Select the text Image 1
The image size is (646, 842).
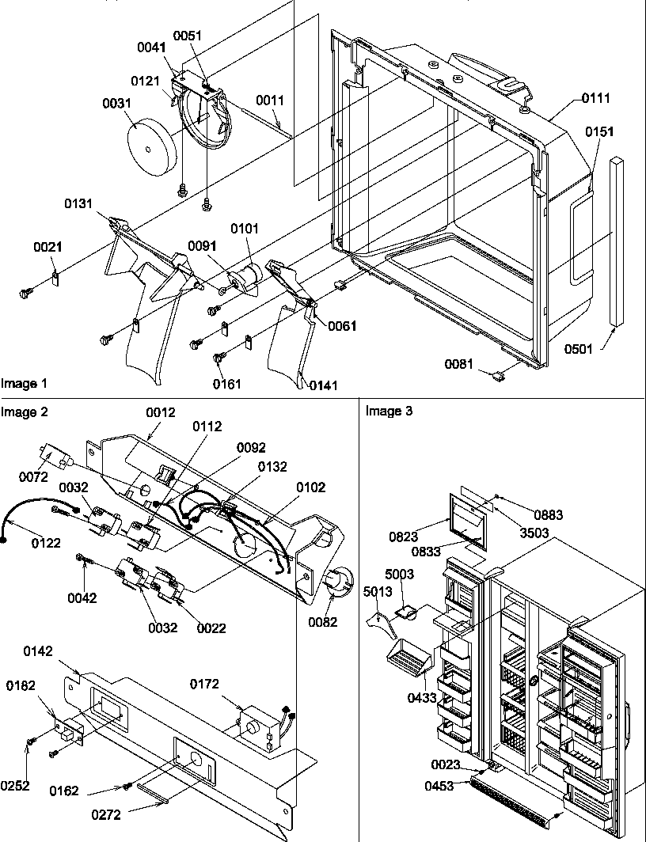[24, 384]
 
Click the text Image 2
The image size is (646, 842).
[24, 412]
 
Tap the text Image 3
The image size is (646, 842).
[389, 412]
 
